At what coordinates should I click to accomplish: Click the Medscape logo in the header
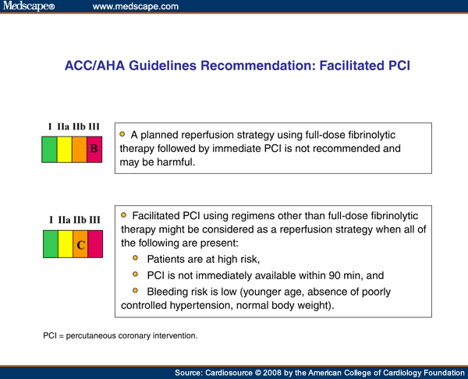click(x=27, y=7)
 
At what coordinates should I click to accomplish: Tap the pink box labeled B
click(x=94, y=149)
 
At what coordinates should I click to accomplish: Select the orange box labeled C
click(x=80, y=245)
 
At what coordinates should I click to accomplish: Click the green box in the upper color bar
click(x=49, y=149)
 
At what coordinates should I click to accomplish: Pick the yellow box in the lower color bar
click(x=66, y=245)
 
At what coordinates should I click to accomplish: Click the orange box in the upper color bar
click(x=80, y=149)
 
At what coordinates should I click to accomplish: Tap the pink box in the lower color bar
click(x=95, y=245)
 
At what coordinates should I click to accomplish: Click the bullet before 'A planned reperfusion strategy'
click(x=122, y=133)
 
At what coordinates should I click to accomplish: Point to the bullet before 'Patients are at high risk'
click(x=136, y=258)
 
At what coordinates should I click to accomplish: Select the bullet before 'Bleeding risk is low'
click(x=136, y=291)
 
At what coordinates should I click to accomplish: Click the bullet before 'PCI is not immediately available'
click(x=136, y=275)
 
